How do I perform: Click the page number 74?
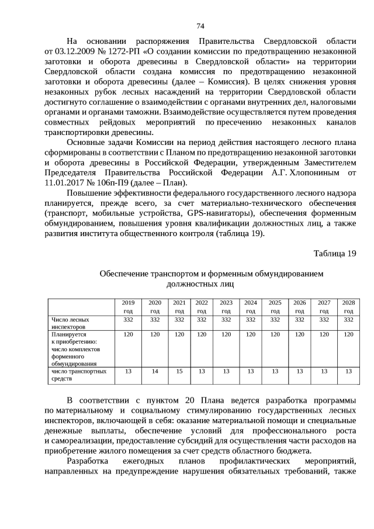200,26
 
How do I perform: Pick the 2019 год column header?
128,306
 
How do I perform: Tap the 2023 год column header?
226,306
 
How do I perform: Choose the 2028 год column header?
348,306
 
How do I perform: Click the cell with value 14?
155,371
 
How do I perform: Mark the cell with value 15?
179,371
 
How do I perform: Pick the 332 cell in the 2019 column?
128,320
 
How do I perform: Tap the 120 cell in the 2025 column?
275,334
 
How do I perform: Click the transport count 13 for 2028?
348,371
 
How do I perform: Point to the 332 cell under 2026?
299,320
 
